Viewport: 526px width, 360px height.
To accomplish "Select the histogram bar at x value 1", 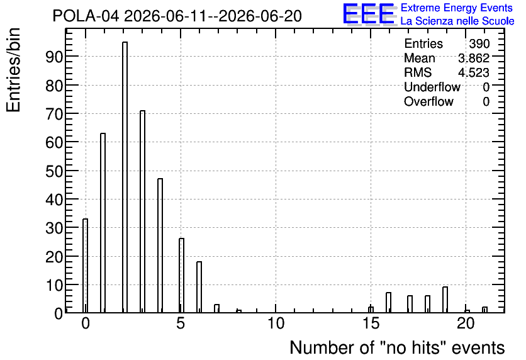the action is pyautogui.click(x=103, y=223).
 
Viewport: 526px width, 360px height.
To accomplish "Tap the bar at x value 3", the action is pyautogui.click(x=143, y=211).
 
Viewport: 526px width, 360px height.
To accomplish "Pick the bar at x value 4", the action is pyautogui.click(x=160, y=245).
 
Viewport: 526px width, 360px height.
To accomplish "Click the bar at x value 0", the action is pyautogui.click(x=85, y=266).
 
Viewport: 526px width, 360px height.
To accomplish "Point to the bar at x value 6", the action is pyautogui.click(x=199, y=287).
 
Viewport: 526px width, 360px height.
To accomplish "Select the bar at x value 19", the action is pyautogui.click(x=445, y=300).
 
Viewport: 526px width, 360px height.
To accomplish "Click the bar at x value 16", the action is pyautogui.click(x=388, y=302).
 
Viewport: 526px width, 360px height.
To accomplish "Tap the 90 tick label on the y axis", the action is pyautogui.click(x=54, y=57).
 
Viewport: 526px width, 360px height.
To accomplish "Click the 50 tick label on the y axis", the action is pyautogui.click(x=54, y=171).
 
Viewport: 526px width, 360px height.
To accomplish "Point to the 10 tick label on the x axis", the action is pyautogui.click(x=276, y=323).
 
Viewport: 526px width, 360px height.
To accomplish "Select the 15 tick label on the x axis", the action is pyautogui.click(x=371, y=323).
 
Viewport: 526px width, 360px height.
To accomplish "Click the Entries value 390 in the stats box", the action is pyautogui.click(x=479, y=43).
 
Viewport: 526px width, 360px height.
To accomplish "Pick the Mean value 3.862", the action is pyautogui.click(x=474, y=58).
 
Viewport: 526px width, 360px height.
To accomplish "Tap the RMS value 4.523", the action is pyautogui.click(x=474, y=72).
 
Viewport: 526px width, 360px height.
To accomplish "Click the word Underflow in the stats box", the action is pyautogui.click(x=432, y=87).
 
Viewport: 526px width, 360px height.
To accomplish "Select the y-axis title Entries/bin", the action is pyautogui.click(x=14, y=70).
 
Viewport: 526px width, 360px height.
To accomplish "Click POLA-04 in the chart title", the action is pyautogui.click(x=86, y=16).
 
